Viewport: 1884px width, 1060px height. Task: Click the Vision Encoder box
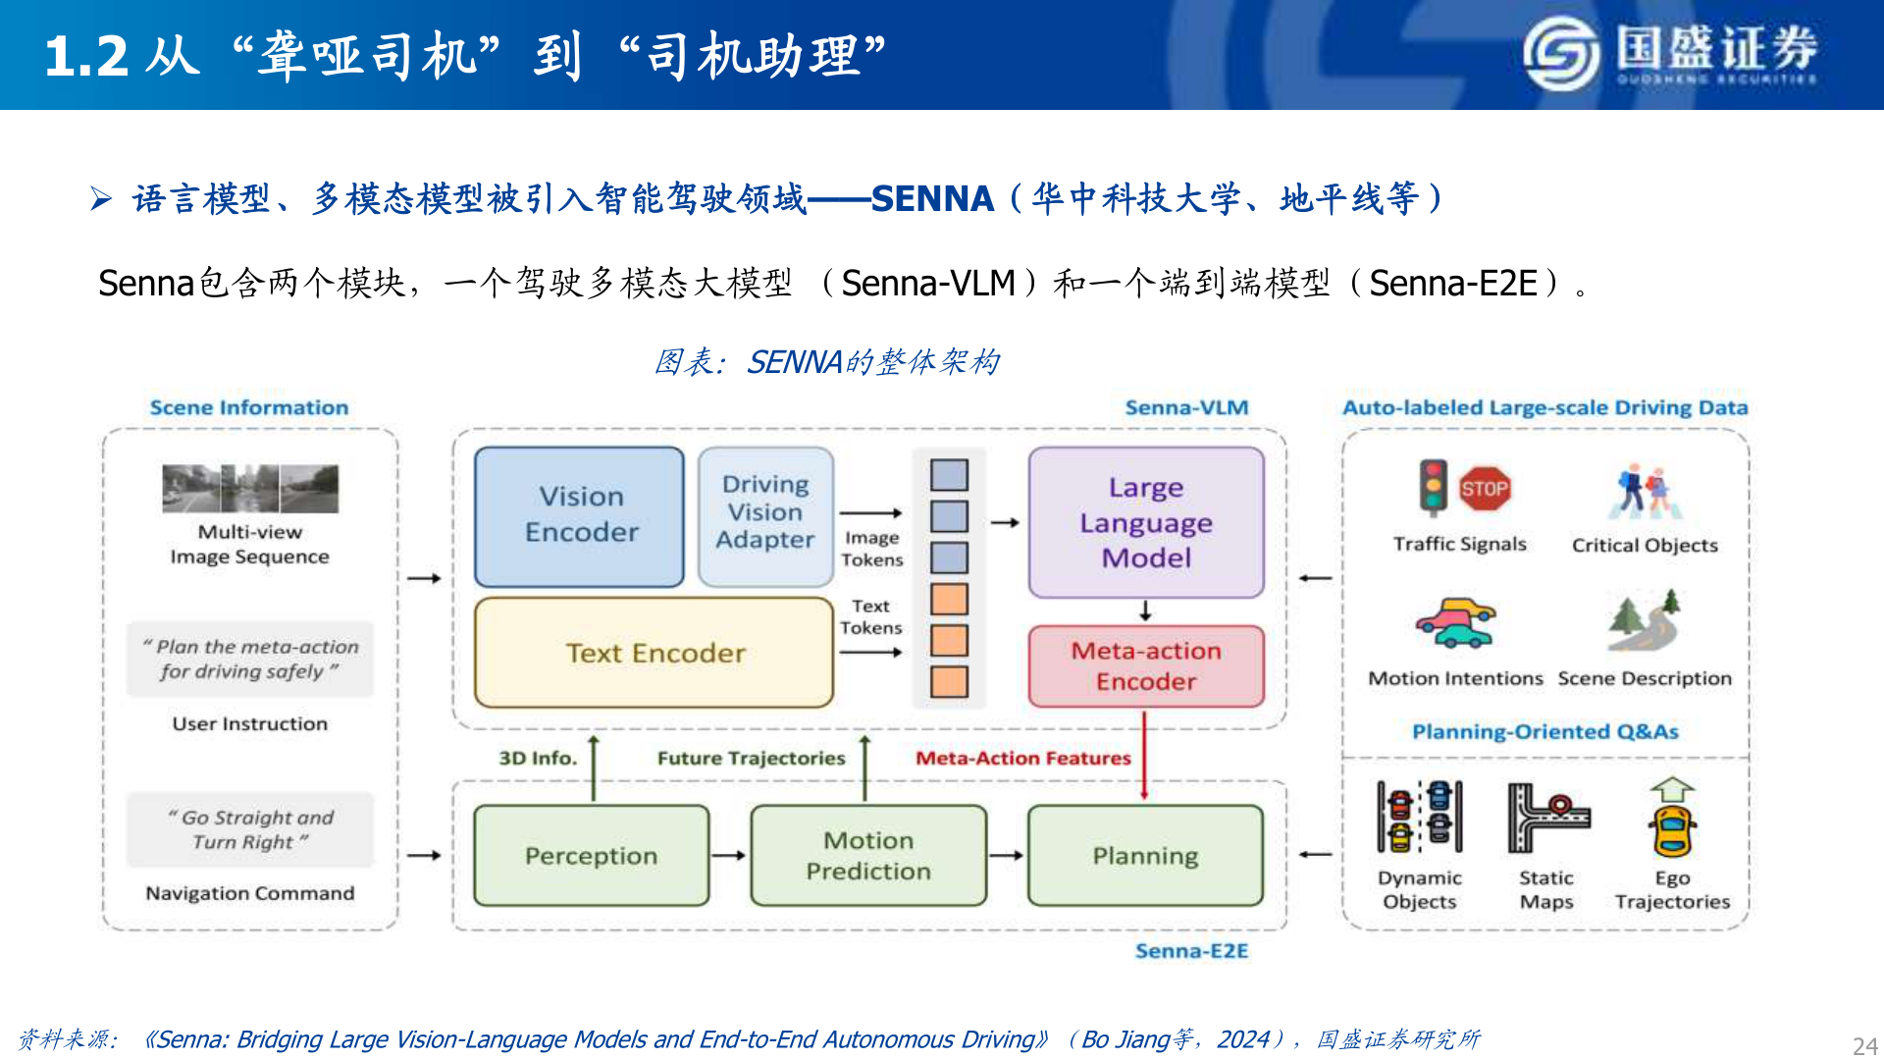579,516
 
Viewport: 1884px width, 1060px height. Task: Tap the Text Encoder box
654,653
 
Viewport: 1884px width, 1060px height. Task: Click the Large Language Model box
1145,522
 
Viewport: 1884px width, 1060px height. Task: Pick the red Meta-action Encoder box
1145,666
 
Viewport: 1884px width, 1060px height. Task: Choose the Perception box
591,856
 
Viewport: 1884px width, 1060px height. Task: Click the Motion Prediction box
867,856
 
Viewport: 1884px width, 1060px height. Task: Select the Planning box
1145,856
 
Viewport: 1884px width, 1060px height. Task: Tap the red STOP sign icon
1484,489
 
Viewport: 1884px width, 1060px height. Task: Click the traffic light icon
1434,488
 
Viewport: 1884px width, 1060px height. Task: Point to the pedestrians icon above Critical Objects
1645,493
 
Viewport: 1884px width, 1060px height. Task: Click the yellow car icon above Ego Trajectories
1672,830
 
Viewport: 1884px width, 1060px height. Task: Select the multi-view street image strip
250,489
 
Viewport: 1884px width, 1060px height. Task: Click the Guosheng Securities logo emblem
1561,54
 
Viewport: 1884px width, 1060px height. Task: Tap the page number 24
1864,1045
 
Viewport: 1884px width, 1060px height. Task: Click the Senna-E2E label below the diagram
1191,951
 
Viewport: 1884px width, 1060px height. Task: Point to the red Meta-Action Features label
1022,758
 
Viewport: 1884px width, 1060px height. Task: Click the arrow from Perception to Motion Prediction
729,856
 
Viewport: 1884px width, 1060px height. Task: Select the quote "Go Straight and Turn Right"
250,829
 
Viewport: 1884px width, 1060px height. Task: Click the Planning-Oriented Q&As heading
1544,731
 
